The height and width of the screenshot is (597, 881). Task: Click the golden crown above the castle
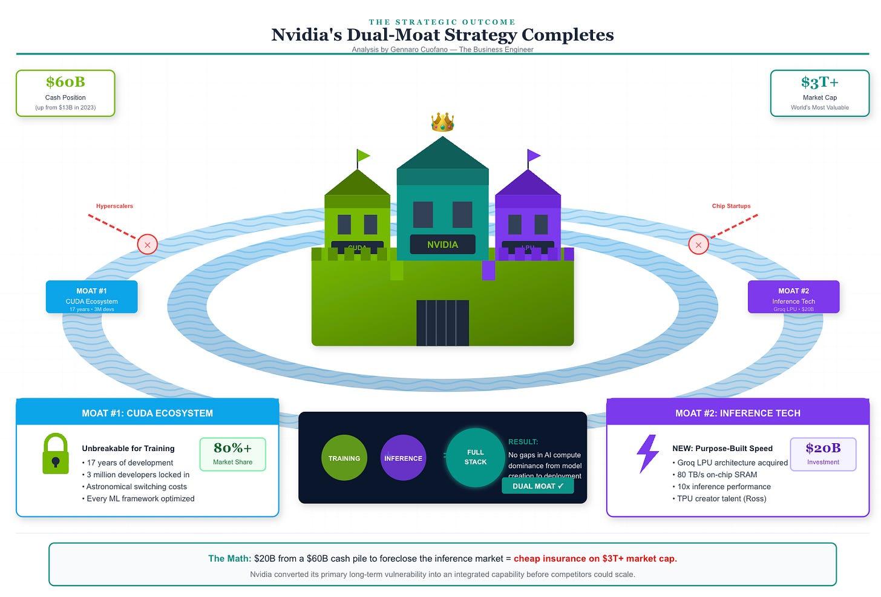pos(442,122)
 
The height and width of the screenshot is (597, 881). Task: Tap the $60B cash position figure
pos(65,82)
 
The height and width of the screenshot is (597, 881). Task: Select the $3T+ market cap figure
pos(819,82)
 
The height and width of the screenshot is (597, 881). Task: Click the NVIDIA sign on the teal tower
pos(442,245)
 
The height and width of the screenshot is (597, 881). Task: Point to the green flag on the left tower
pos(363,156)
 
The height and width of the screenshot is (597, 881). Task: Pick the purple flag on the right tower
pos(534,156)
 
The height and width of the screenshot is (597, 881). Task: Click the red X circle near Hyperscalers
pos(147,245)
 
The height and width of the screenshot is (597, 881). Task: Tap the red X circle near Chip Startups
pos(698,245)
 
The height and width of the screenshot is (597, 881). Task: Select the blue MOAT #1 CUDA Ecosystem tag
pos(92,297)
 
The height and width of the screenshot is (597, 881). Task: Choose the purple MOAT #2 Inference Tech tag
pos(793,297)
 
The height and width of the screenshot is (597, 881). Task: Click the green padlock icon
pos(56,454)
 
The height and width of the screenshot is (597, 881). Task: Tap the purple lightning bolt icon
pos(647,454)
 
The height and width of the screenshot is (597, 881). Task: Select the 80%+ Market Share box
pos(232,454)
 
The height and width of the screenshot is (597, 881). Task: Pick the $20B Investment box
pos(823,454)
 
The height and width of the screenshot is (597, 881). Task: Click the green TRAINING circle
pos(344,458)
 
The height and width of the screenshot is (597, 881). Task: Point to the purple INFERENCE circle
pos(403,458)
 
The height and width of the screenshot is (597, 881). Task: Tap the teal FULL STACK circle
pos(475,457)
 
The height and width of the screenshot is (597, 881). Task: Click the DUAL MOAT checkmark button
pos(537,486)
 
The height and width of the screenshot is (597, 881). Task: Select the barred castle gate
pos(442,323)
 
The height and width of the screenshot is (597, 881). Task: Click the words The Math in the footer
pos(229,558)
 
